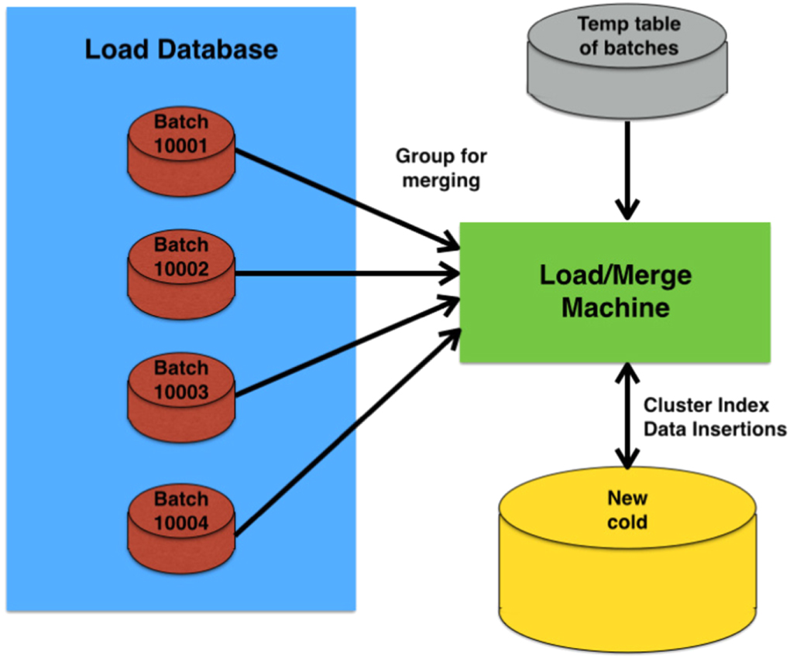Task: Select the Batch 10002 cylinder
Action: (x=180, y=274)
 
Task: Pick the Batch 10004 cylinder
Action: (x=180, y=528)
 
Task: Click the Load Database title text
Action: (x=180, y=50)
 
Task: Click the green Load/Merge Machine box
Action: (x=615, y=292)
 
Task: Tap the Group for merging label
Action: (x=441, y=168)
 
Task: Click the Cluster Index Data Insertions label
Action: (x=715, y=416)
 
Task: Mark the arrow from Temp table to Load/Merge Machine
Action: (x=627, y=166)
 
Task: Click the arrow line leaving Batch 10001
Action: (x=341, y=197)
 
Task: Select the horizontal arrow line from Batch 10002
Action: (x=341, y=273)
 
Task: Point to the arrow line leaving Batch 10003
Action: (x=341, y=350)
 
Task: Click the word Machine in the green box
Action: (x=615, y=307)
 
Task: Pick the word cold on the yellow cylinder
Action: (x=627, y=522)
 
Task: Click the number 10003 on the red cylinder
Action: (x=180, y=392)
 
